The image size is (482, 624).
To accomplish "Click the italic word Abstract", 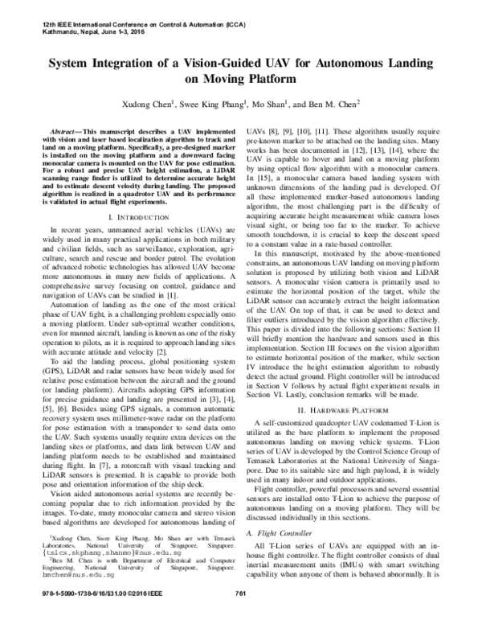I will [x=65, y=130].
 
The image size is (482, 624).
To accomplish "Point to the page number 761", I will [x=239, y=615].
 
